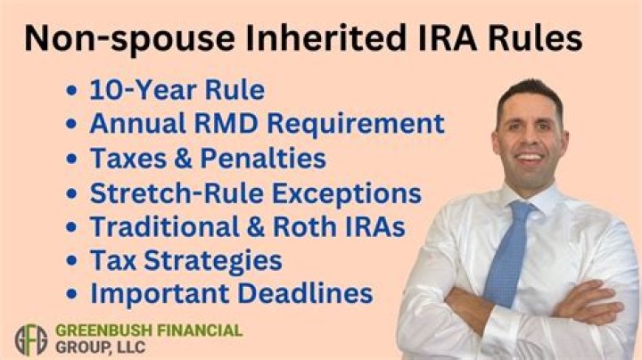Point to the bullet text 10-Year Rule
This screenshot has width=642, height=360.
coord(177,91)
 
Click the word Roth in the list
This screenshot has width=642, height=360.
coord(299,226)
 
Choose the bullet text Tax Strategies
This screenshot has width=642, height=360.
coord(185,260)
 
